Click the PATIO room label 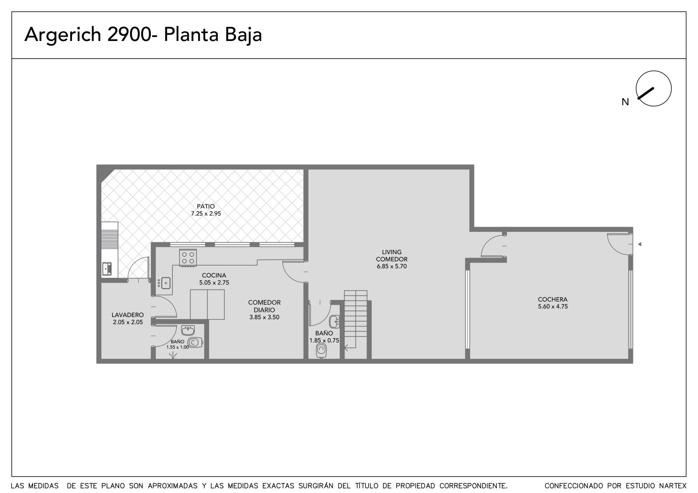(205, 206)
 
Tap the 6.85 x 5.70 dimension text (392, 266)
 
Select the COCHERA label (553, 299)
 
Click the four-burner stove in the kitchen (188, 258)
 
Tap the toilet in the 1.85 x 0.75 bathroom (321, 350)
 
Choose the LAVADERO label (128, 315)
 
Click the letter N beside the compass (625, 102)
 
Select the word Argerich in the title (63, 35)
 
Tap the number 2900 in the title (129, 34)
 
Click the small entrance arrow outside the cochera (640, 244)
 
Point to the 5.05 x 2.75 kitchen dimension (214, 282)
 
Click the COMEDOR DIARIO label (264, 306)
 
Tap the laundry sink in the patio (107, 269)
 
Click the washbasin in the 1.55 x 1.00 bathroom (188, 330)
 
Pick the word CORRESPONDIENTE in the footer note (473, 486)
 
